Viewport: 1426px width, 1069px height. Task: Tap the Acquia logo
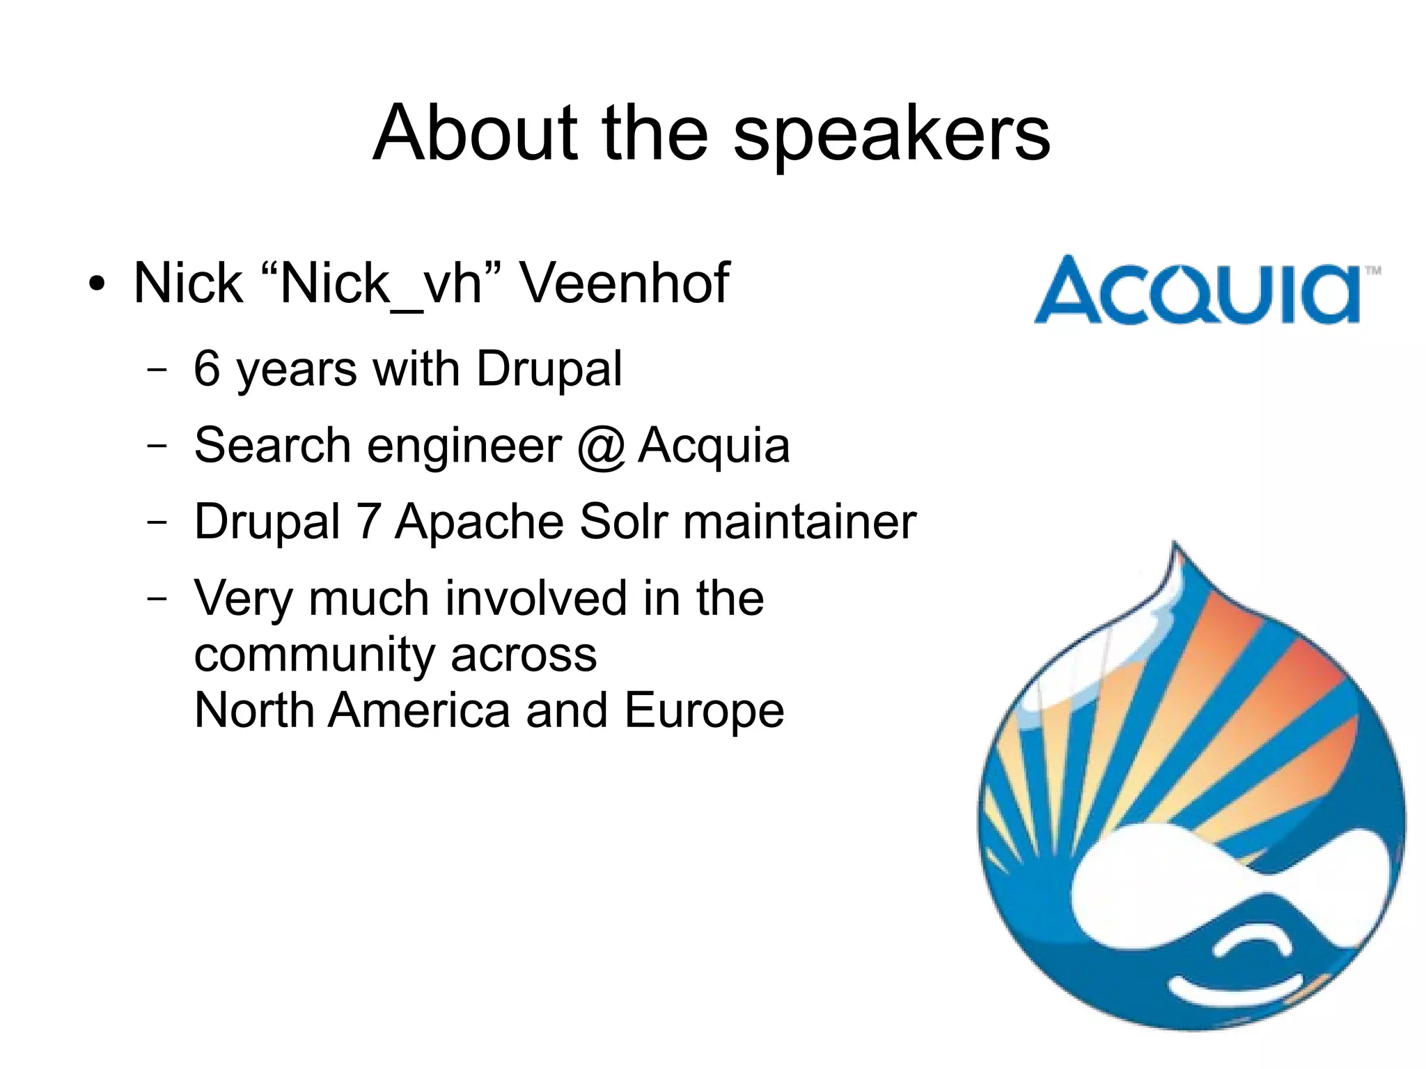pyautogui.click(x=1198, y=290)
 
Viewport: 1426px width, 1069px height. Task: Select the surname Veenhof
pyautogui.click(x=625, y=283)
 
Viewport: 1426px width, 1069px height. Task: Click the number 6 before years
pyautogui.click(x=207, y=368)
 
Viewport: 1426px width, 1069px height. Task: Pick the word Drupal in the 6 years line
pyautogui.click(x=549, y=370)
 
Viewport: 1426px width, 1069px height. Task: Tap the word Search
pyautogui.click(x=272, y=445)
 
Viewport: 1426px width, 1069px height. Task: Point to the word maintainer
pyautogui.click(x=799, y=522)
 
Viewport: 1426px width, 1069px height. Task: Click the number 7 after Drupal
pyautogui.click(x=368, y=522)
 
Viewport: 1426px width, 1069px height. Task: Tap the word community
pyautogui.click(x=314, y=656)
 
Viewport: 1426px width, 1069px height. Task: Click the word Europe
pyautogui.click(x=704, y=711)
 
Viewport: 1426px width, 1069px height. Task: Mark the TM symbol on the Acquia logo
pyautogui.click(x=1373, y=271)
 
